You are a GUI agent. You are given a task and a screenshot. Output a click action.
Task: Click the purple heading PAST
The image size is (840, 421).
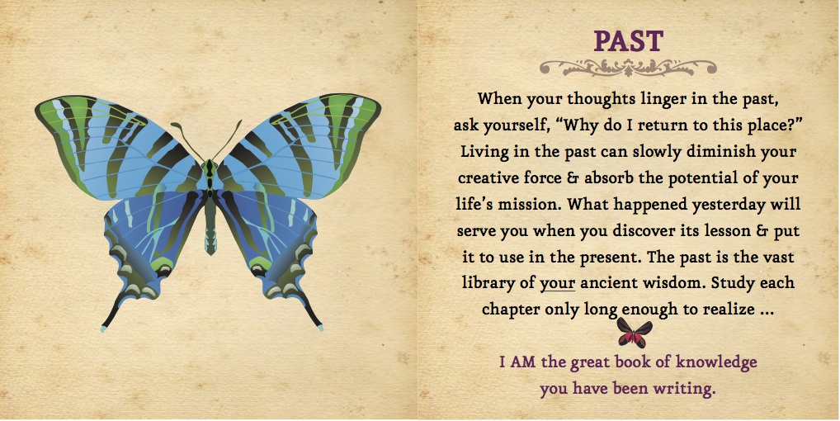628,41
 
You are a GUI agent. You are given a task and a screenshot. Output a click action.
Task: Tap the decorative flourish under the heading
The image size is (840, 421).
627,68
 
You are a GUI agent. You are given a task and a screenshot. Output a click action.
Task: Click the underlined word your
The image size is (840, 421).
557,284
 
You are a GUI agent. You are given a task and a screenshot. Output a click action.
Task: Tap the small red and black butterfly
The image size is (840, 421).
634,332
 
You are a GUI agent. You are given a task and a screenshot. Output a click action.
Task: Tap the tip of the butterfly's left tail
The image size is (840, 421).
104,329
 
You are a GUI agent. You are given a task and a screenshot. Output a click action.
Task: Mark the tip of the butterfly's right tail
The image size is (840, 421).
320,327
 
